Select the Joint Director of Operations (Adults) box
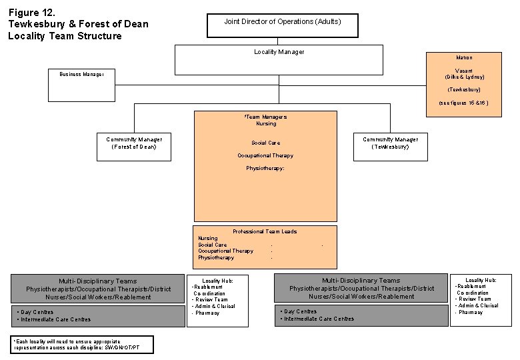point(282,25)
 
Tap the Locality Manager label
point(279,52)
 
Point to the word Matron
point(464,58)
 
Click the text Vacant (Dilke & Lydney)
point(464,73)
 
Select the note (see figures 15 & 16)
point(464,103)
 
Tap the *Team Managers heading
point(266,117)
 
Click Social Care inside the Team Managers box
point(265,143)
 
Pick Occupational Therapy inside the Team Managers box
point(265,155)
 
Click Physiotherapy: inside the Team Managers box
point(265,169)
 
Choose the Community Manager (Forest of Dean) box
point(133,143)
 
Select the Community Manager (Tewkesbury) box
point(390,143)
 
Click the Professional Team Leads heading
point(265,231)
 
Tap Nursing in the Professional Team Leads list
point(207,238)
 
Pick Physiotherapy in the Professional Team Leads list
point(216,257)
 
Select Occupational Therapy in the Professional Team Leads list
point(225,251)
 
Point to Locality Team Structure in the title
point(65,36)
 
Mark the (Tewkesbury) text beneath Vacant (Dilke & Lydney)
point(464,89)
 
